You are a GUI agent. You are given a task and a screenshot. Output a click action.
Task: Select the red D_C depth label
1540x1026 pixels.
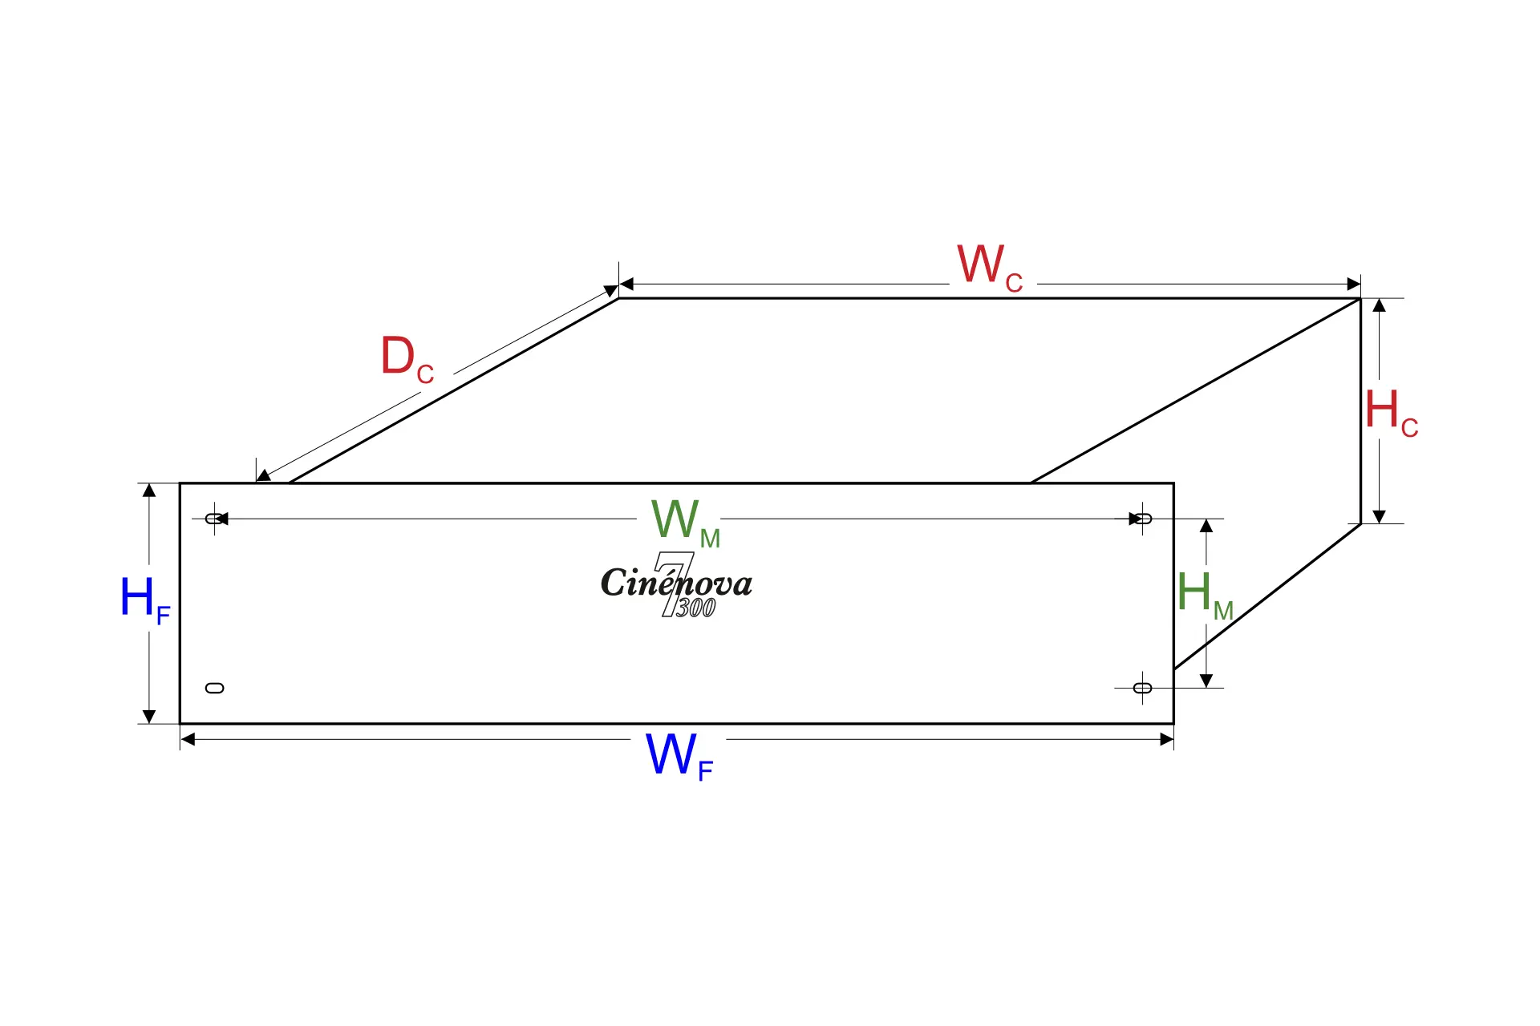[407, 359]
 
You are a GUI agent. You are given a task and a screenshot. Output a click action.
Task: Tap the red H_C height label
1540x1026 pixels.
[1392, 413]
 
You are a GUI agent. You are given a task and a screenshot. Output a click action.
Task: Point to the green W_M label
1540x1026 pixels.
[686, 523]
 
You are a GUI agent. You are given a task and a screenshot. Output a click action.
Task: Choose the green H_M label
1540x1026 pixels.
[1206, 596]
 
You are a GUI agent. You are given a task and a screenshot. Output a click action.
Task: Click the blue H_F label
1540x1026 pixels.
[145, 600]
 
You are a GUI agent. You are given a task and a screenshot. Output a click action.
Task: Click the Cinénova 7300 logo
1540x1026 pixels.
[676, 585]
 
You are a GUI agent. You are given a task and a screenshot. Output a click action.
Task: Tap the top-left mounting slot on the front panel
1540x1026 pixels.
[214, 519]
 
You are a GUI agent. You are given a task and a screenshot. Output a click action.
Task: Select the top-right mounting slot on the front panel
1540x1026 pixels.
[1142, 519]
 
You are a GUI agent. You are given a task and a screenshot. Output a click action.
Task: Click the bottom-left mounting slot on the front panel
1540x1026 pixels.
[214, 688]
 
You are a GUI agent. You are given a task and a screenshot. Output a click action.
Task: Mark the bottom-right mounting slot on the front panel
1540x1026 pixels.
[1142, 688]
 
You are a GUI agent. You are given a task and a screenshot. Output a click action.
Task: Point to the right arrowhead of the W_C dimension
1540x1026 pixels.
[1354, 284]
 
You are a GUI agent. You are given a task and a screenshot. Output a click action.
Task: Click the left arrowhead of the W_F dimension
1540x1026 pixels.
[188, 739]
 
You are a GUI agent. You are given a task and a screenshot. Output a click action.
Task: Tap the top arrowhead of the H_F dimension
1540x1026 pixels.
[149, 491]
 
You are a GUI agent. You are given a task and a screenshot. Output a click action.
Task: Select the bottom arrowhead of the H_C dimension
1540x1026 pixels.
[1379, 517]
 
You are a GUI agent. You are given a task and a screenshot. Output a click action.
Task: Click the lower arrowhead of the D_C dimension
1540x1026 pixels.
[263, 476]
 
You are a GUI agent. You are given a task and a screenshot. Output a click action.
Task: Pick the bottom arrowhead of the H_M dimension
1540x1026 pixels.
[1206, 681]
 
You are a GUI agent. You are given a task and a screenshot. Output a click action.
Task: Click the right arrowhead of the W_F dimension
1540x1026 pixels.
[1167, 739]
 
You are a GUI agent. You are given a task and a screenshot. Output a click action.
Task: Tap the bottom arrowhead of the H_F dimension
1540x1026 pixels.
[149, 717]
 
